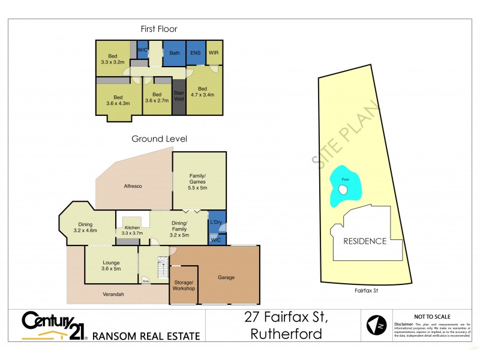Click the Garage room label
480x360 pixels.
[x=226, y=277]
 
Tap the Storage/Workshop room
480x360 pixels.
[x=184, y=285]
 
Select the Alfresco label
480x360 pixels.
[x=132, y=187]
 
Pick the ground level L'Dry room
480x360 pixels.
[x=216, y=223]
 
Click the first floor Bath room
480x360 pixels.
[x=175, y=53]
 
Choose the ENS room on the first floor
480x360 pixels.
[x=196, y=53]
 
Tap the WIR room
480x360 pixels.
[x=214, y=53]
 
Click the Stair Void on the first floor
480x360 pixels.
[x=179, y=97]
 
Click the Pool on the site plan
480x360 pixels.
[x=344, y=187]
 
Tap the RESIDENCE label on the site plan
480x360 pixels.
[x=364, y=241]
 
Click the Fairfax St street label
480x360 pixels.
[x=364, y=290]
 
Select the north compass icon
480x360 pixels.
[x=375, y=325]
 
